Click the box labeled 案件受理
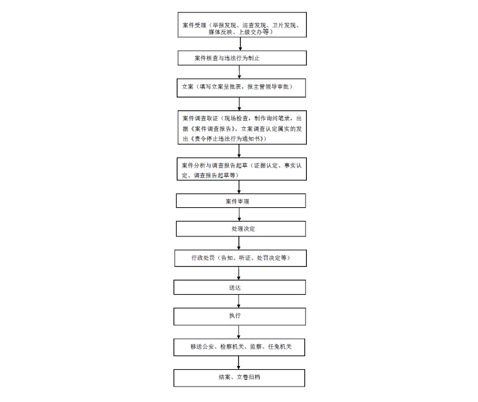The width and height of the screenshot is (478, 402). coord(242,25)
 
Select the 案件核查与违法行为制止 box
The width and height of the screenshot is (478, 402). coord(242,58)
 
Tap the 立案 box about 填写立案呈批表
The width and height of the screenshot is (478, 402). coord(241,88)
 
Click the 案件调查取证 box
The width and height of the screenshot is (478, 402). coord(242,128)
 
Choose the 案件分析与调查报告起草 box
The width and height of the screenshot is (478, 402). coord(241,169)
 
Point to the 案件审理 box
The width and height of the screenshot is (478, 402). coord(241,201)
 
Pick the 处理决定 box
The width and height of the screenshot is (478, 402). coord(241,229)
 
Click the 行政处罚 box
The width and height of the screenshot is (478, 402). coord(241,258)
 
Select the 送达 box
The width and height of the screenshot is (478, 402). coord(239,287)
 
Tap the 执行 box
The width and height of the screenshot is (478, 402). coord(239,316)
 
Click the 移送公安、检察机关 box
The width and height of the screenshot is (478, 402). coord(239,347)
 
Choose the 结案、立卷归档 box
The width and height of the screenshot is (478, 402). coord(239,378)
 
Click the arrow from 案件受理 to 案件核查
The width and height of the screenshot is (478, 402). coord(241,44)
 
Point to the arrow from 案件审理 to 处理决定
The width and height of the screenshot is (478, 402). coord(239,215)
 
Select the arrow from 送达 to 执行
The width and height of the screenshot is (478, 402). coord(239,301)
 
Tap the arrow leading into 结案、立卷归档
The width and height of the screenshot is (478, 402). coord(239,363)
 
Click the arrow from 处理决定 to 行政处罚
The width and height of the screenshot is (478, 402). coord(239,243)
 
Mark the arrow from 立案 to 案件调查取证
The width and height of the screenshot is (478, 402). coord(239,104)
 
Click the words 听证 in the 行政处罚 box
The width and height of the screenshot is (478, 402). coord(245,258)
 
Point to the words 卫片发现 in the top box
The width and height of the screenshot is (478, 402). coord(284,25)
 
